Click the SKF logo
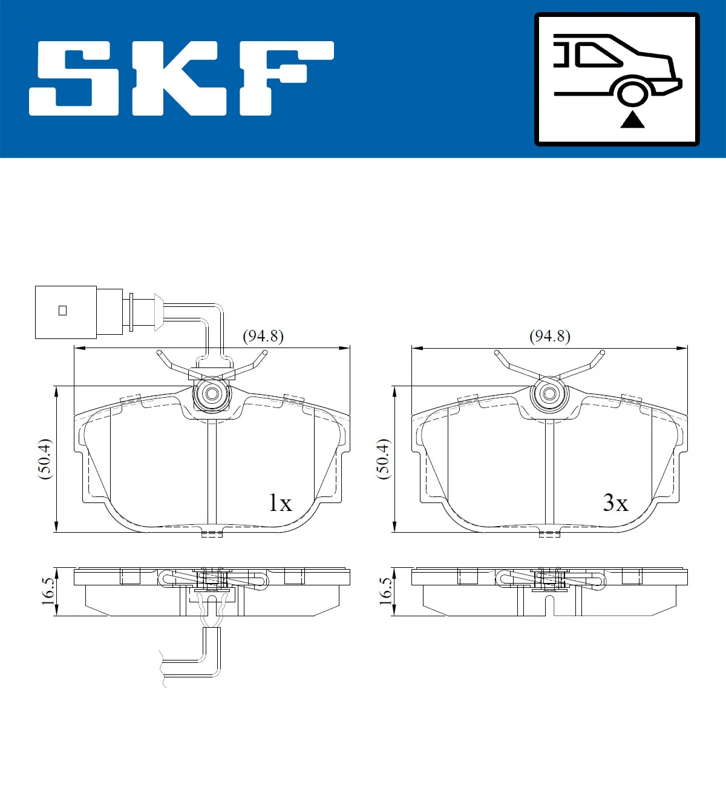(x=181, y=78)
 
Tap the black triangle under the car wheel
(x=632, y=120)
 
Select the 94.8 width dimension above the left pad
(x=263, y=336)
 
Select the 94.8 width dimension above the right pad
(x=550, y=336)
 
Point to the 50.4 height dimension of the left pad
(x=45, y=459)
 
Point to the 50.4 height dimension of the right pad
(x=383, y=459)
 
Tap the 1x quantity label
(x=280, y=502)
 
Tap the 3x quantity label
(x=615, y=502)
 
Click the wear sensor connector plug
(x=66, y=312)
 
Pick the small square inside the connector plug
(x=62, y=311)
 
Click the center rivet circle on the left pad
(x=212, y=394)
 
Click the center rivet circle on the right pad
(x=549, y=394)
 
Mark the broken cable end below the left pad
(x=162, y=668)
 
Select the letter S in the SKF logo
(x=74, y=78)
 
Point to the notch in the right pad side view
(x=548, y=604)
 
